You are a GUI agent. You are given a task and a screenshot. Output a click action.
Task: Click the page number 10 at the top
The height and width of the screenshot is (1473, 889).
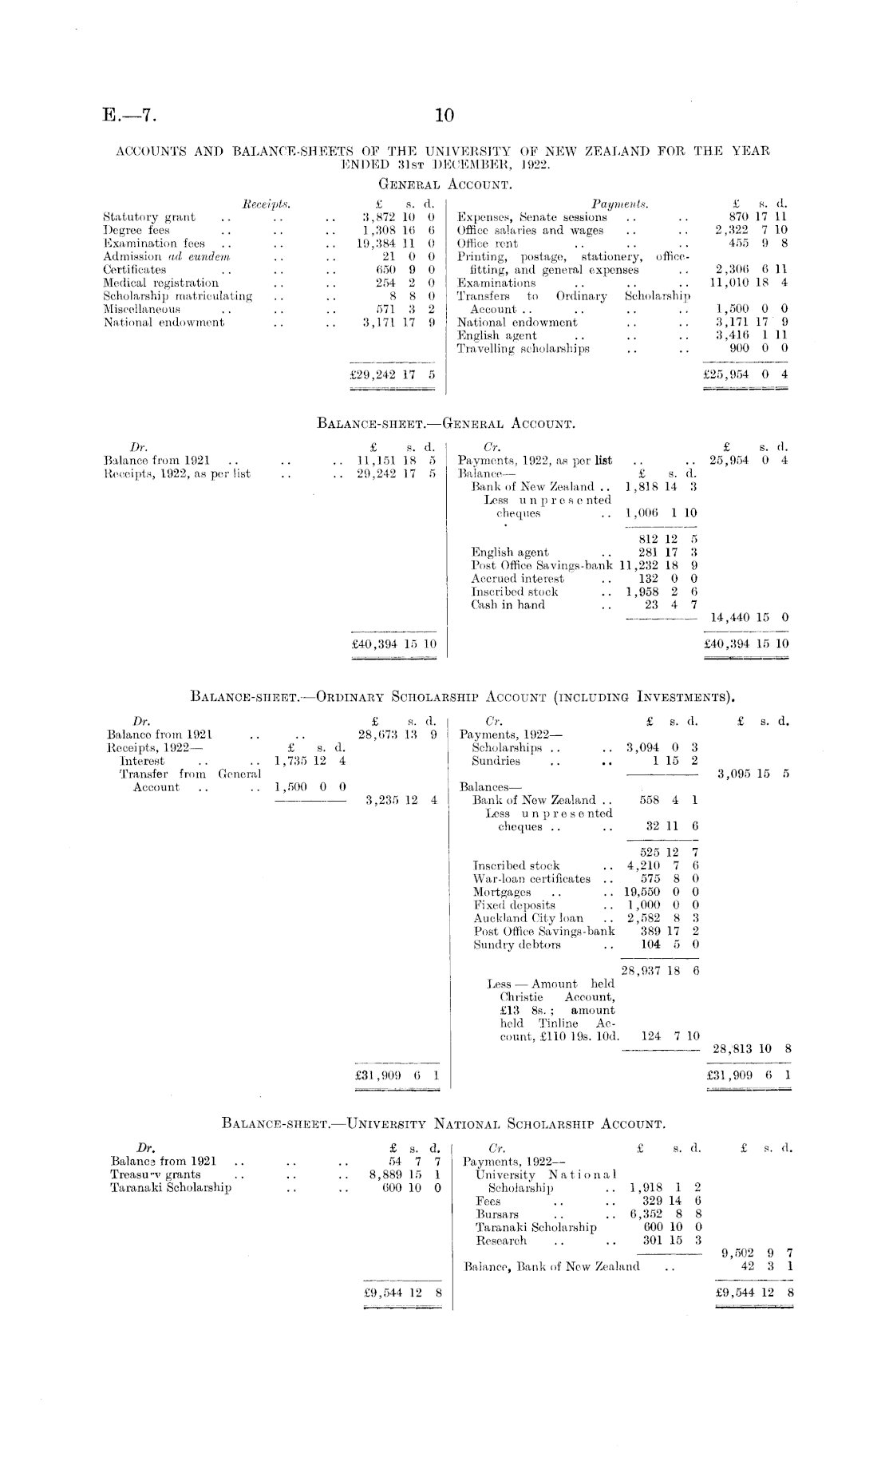(444, 117)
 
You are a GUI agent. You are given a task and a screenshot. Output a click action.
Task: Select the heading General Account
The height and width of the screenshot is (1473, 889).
(444, 184)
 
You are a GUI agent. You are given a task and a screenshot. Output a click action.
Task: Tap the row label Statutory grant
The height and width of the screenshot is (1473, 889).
(149, 217)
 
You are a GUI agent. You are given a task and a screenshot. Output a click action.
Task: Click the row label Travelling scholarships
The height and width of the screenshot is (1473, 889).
(523, 349)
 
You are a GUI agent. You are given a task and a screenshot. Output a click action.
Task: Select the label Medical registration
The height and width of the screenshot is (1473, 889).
(160, 283)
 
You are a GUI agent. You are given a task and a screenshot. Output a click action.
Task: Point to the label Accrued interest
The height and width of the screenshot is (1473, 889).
(517, 578)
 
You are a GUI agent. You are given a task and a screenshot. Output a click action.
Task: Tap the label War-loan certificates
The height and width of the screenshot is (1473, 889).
(532, 879)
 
